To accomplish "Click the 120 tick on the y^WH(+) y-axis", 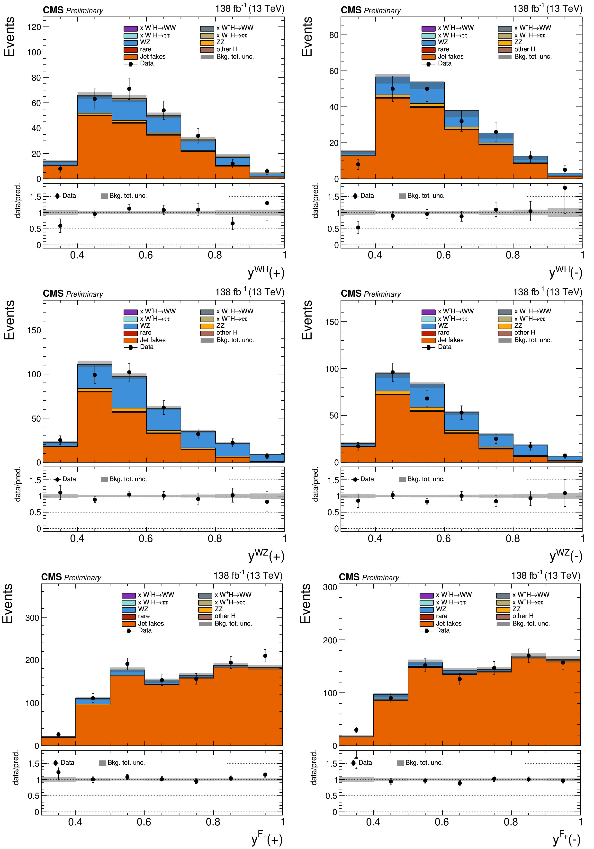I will coord(34,27).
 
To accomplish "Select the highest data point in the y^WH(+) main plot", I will coord(129,89).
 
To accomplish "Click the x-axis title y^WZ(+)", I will coord(266,556).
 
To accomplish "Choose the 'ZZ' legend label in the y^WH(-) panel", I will coord(518,42).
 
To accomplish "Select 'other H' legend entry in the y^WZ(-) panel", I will coord(524,332).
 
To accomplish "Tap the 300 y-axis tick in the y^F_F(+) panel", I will coord(32,618).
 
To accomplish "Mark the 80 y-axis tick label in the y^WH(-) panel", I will coord(334,35).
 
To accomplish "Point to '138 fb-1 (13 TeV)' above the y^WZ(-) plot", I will coord(547,292).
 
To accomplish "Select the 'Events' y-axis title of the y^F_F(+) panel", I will coord(8,603).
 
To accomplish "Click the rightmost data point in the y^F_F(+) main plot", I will coord(265,656).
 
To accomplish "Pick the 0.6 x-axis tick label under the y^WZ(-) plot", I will coord(443,538).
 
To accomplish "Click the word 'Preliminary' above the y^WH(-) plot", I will coord(382,11).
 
